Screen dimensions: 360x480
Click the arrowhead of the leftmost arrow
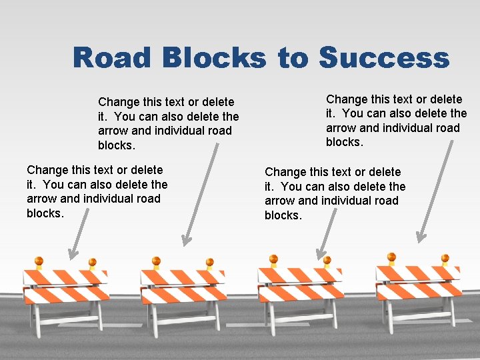tap(72, 253)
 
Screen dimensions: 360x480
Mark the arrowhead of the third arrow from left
tap(321, 255)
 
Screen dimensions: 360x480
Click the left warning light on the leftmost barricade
tap(39, 261)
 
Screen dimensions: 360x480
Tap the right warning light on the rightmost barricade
tap(445, 259)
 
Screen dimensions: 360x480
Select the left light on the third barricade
tap(273, 259)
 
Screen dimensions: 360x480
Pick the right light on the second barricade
tap(209, 263)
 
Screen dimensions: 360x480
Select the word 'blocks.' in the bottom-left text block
tap(45, 213)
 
